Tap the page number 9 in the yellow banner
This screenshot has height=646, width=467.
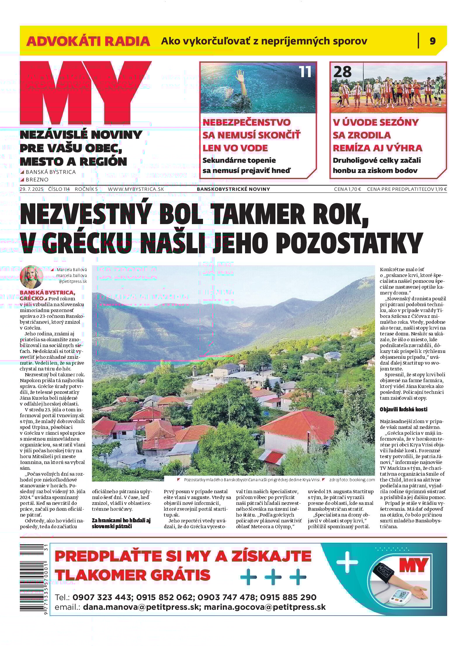click(433, 41)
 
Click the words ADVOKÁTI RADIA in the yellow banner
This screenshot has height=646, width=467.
click(88, 41)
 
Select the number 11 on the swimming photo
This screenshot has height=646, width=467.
click(305, 72)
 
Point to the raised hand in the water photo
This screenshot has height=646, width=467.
click(239, 77)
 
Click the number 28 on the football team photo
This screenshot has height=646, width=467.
click(342, 72)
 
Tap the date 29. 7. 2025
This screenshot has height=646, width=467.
click(32, 189)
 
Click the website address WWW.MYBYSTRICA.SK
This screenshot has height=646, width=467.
click(136, 189)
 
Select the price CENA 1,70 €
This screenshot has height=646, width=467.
click(347, 189)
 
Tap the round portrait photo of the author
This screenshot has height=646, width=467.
click(32, 277)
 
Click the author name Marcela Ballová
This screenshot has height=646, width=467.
click(72, 270)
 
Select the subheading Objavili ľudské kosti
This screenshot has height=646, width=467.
click(403, 409)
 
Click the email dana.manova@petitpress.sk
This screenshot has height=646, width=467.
click(142, 607)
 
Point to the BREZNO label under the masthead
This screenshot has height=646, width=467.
click(37, 179)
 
